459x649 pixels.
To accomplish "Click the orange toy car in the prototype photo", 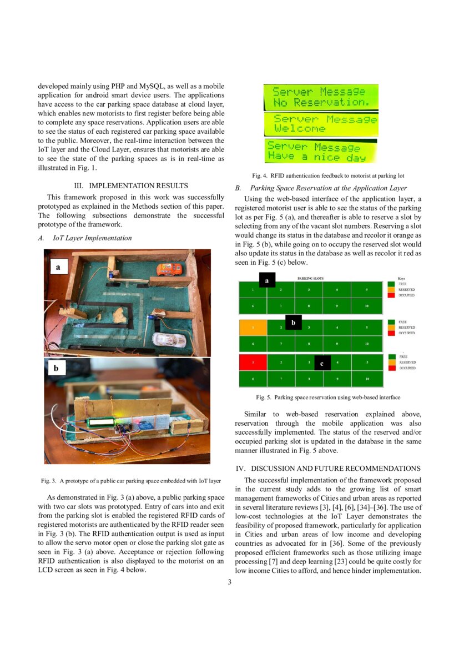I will (x=169, y=270).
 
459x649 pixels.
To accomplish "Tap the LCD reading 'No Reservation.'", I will (x=321, y=97).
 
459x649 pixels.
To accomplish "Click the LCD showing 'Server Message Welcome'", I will (x=321, y=124).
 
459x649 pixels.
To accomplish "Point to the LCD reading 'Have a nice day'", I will (x=321, y=151).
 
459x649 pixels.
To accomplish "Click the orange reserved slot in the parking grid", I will (x=253, y=328).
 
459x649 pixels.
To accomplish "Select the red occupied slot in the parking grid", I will (x=253, y=363).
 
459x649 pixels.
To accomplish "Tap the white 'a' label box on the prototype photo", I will (x=57, y=268).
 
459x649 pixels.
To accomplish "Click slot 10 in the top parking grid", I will (x=366, y=306).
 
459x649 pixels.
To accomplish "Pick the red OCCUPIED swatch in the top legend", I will (x=392, y=295).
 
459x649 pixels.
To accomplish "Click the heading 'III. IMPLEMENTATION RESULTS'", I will (x=131, y=186).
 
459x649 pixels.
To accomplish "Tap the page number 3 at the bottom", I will (x=229, y=582).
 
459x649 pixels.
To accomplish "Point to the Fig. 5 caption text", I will (x=328, y=398).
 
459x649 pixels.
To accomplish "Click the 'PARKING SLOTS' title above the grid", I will (x=310, y=278).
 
